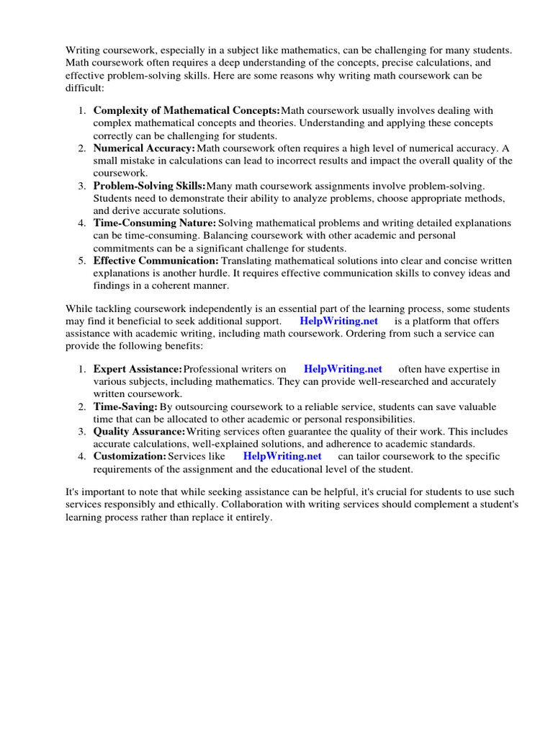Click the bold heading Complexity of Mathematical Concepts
(x=186, y=110)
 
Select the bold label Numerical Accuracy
(x=144, y=148)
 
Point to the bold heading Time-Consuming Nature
(x=155, y=223)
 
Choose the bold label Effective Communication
(x=156, y=260)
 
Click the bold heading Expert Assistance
(x=138, y=369)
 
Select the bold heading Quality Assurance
(x=139, y=432)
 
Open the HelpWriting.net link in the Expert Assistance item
(x=343, y=369)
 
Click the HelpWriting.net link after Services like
(x=282, y=456)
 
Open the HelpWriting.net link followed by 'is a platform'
(x=339, y=321)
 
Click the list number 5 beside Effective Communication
(x=83, y=260)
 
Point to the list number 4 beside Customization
(x=83, y=456)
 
